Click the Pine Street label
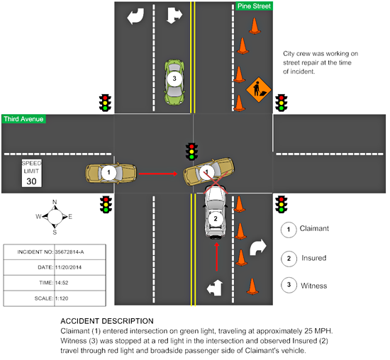point(253,6)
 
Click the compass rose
point(55,217)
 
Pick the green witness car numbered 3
point(174,79)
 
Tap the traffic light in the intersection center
point(190,151)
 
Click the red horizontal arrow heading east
point(157,172)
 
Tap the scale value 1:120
point(65,300)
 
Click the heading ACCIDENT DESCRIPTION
point(106,322)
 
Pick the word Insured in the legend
point(315,257)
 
